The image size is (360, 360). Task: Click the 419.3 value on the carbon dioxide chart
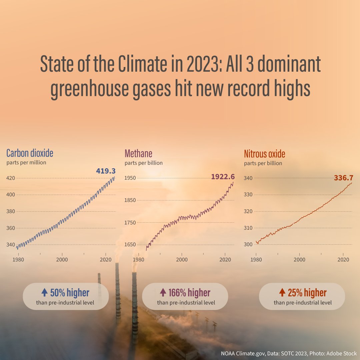click(x=106, y=171)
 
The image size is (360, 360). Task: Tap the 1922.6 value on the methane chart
click(x=223, y=176)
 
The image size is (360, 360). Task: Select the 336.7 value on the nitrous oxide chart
click(x=343, y=178)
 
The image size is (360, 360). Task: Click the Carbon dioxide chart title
click(x=30, y=153)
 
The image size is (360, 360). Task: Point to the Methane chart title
click(x=138, y=153)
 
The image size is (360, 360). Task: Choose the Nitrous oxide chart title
click(x=264, y=154)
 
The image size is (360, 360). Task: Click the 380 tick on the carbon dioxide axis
click(x=11, y=211)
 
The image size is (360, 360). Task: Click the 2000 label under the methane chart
click(x=182, y=259)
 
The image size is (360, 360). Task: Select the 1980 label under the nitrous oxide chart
click(x=256, y=259)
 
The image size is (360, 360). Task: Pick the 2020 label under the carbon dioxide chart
click(x=105, y=259)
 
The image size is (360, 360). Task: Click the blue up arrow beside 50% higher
click(x=45, y=293)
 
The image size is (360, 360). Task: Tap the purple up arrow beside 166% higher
click(x=163, y=293)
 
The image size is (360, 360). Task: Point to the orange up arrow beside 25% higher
click(x=282, y=293)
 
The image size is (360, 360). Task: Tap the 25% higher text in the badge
click(x=307, y=293)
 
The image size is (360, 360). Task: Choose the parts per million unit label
click(x=26, y=163)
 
